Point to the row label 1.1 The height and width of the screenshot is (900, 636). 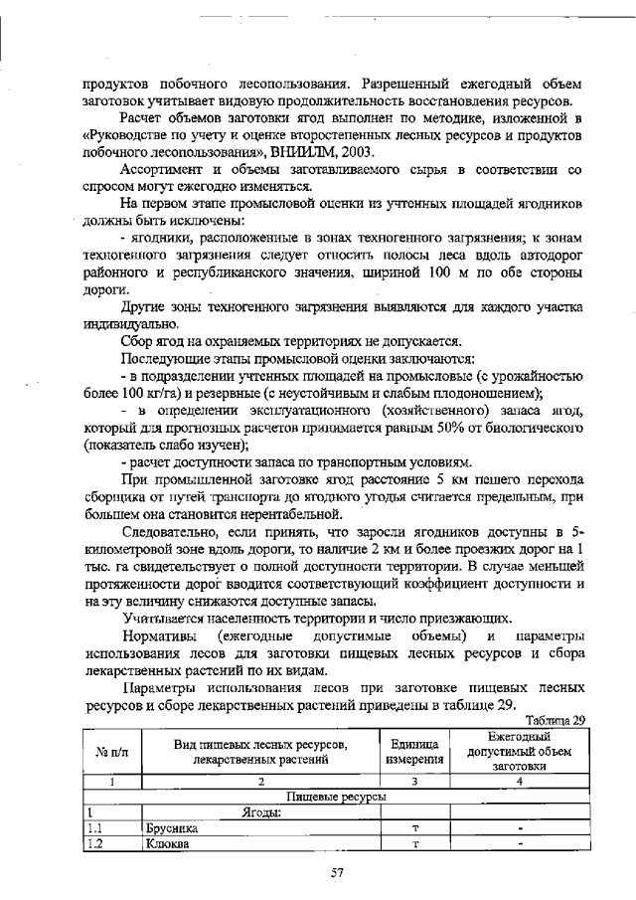point(96,827)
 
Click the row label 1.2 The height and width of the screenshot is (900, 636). point(96,844)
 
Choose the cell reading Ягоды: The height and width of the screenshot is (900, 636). point(263,812)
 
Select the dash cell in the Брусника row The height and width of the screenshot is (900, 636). point(520,827)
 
